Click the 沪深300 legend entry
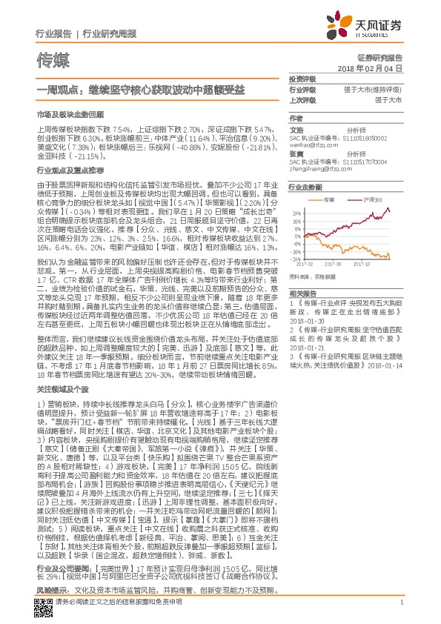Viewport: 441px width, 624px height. (x=375, y=200)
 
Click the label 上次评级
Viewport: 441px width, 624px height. (x=302, y=99)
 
